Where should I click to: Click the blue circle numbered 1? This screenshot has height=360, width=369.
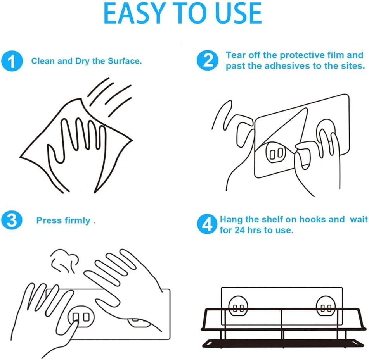[12, 61]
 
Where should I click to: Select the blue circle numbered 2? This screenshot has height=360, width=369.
[207, 60]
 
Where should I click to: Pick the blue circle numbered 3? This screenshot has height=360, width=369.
[12, 220]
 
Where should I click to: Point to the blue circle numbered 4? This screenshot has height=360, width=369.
[207, 224]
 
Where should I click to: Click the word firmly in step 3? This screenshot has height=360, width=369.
[78, 220]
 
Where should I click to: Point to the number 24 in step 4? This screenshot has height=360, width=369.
[239, 230]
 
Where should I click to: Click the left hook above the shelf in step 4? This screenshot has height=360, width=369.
[238, 306]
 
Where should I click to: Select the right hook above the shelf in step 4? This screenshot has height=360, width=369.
[326, 306]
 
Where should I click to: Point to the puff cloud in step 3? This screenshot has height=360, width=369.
[65, 260]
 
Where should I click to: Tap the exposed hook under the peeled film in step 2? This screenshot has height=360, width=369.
[276, 153]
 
